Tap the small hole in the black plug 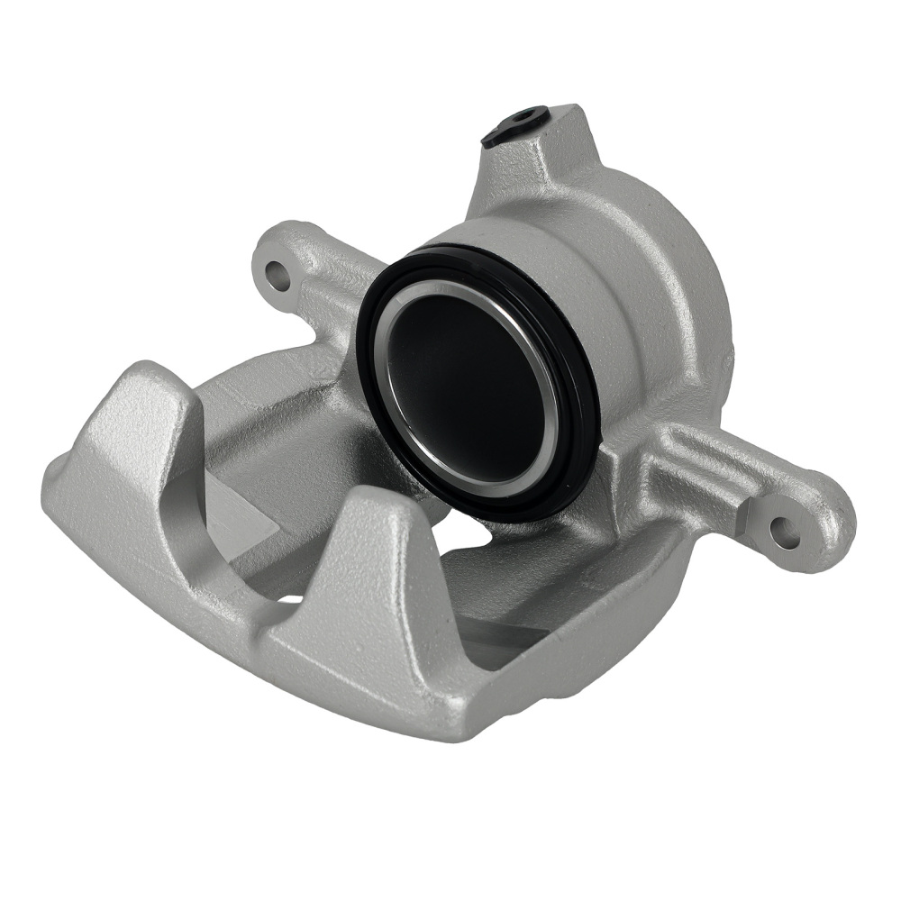[x=523, y=117]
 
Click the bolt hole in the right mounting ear [x=783, y=532]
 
